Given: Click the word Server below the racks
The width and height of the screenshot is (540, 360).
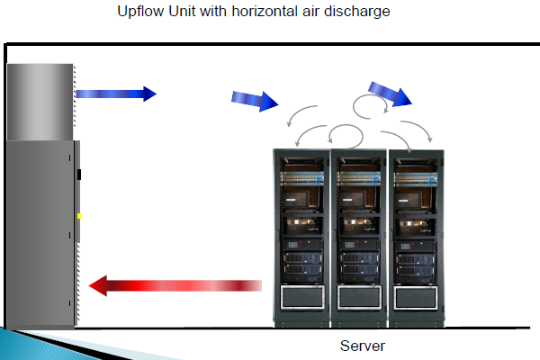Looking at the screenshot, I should pyautogui.click(x=362, y=346).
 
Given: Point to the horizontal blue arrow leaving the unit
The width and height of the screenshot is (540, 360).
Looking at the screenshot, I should pyautogui.click(x=115, y=93).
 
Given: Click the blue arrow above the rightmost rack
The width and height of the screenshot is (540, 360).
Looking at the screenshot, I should pyautogui.click(x=390, y=94).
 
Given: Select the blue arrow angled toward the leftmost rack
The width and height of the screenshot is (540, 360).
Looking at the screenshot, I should pyautogui.click(x=255, y=100).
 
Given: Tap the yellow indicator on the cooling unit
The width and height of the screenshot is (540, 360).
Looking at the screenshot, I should pyautogui.click(x=78, y=216).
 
